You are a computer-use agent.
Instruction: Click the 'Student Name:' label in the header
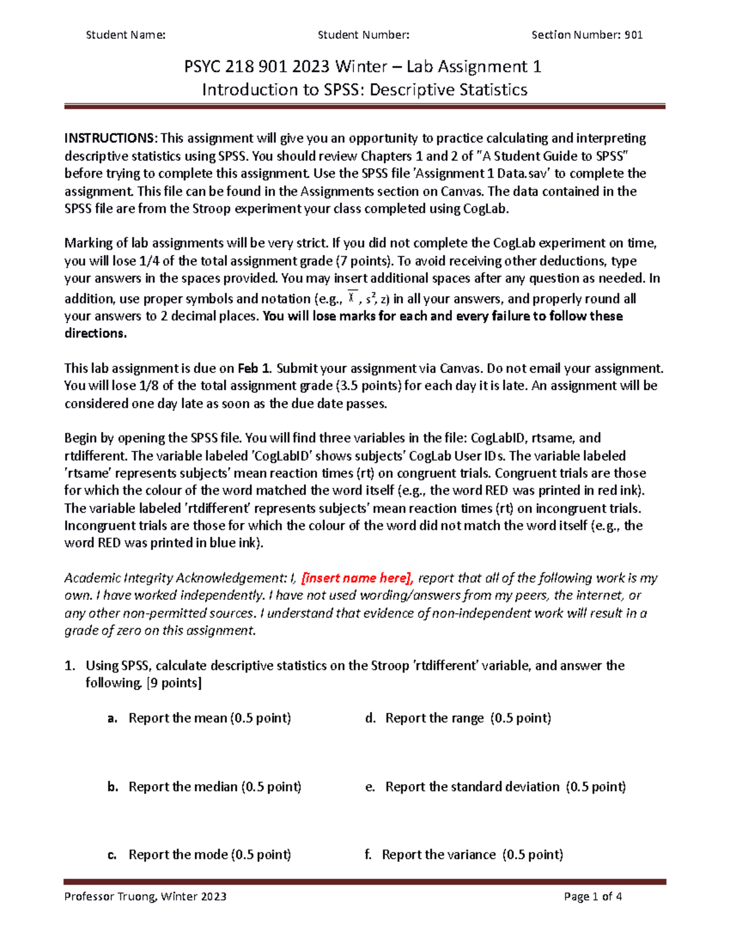[125, 35]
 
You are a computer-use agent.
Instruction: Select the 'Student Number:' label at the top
[363, 35]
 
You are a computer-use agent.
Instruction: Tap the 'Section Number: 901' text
[586, 35]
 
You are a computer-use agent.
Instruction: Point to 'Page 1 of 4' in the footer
[593, 896]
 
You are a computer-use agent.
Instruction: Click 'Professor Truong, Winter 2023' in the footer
[145, 896]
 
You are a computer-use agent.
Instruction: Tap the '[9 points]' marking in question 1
[174, 683]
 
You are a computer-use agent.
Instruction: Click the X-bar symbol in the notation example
[352, 297]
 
